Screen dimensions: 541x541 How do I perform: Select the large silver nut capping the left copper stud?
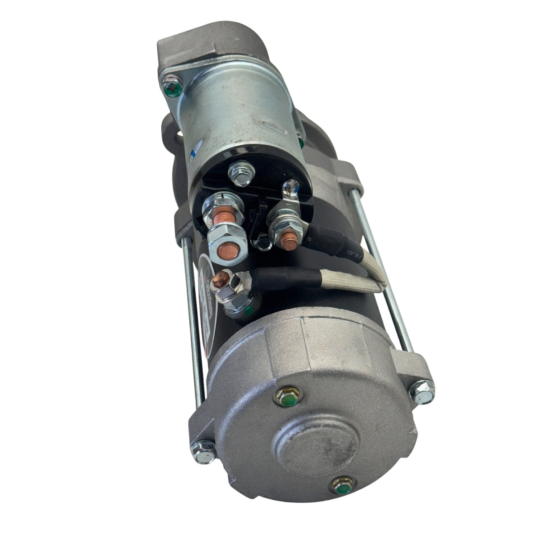point(227,241)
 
